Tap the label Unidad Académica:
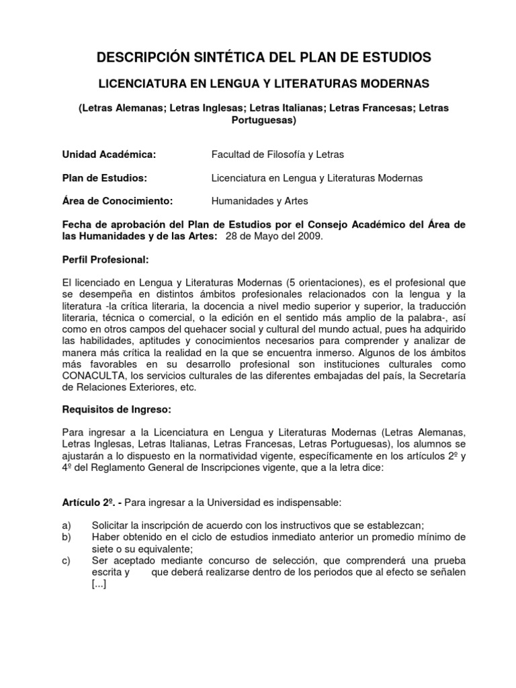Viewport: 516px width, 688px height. [109, 155]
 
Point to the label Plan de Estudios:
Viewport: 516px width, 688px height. [104, 177]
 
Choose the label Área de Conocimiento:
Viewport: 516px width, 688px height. [118, 200]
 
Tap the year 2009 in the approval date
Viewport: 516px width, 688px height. [307, 236]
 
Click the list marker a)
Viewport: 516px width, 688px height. [67, 525]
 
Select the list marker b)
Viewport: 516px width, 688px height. [67, 537]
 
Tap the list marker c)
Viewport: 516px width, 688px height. [67, 560]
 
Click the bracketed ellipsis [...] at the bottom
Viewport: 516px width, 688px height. [98, 584]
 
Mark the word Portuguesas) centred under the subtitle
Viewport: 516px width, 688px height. [263, 120]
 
